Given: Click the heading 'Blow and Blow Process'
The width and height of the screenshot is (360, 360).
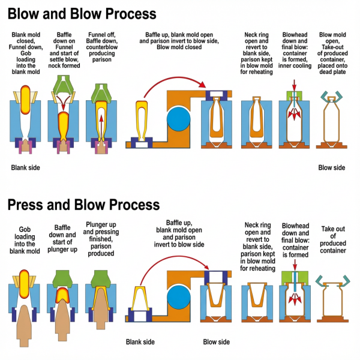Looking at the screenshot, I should [82, 13].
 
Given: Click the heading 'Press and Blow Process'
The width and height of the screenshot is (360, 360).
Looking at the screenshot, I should [83, 205].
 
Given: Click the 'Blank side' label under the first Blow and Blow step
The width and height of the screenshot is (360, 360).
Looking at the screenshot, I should [25, 167].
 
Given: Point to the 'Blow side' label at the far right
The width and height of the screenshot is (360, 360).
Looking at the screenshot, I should [331, 167].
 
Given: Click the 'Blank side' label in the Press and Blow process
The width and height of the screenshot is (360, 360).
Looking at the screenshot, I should [140, 342].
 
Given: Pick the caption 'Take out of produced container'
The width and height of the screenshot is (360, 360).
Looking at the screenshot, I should [334, 239].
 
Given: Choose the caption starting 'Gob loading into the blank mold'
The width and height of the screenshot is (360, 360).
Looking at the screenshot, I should [25, 235].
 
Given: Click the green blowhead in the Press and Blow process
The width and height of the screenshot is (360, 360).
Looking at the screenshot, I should [295, 278].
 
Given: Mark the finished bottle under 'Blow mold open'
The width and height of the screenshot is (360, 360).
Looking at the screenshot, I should [332, 123].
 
